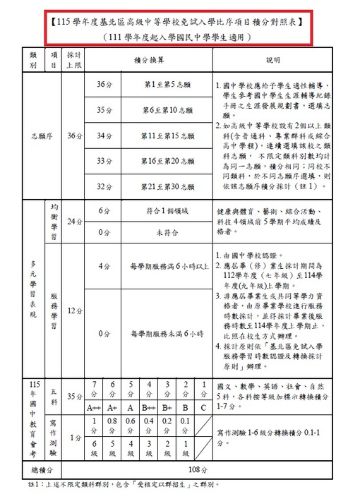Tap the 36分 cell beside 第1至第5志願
pyautogui.click(x=104, y=85)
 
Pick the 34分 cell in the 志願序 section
pyautogui.click(x=104, y=135)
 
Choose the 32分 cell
pyautogui.click(x=104, y=186)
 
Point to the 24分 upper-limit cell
pyautogui.click(x=73, y=222)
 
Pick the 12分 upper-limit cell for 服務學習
pyautogui.click(x=73, y=311)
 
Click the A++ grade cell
pyautogui.click(x=94, y=407)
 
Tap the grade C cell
pyautogui.click(x=203, y=407)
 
